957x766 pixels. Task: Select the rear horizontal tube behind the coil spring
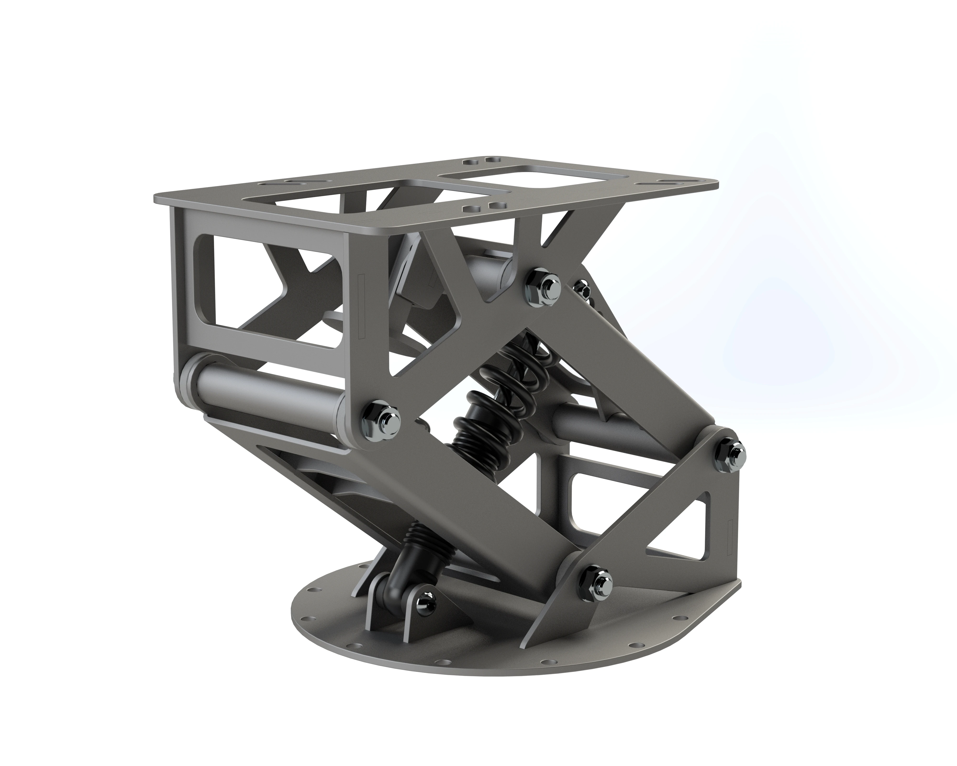pos(581,417)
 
